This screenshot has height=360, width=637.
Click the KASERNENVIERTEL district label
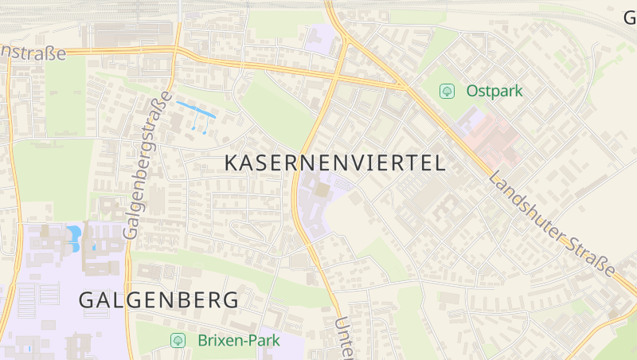[x=334, y=163]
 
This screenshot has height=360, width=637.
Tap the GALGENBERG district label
[x=158, y=300]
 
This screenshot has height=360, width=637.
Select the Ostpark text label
[x=494, y=91]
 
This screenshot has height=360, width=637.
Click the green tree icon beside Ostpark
[x=447, y=91]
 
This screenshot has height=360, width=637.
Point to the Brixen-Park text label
[x=239, y=341]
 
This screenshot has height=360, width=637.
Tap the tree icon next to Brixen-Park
[x=178, y=341]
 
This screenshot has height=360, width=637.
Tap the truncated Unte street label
[x=343, y=338]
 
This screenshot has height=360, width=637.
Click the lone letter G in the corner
[x=629, y=16]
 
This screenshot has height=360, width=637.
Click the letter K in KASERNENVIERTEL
[x=232, y=163]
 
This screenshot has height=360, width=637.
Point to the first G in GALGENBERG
[x=87, y=300]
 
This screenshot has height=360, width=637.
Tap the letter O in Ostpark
[x=473, y=91]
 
